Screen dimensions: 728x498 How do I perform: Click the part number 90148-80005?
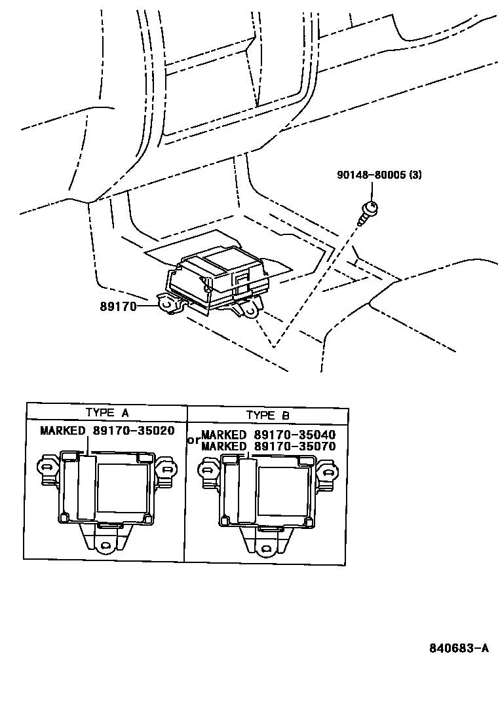click(370, 175)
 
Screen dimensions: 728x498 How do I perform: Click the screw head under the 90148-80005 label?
click(370, 209)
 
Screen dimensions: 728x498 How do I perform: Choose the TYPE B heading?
click(267, 414)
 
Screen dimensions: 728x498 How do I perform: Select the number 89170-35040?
click(295, 435)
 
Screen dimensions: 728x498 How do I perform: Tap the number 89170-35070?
click(295, 446)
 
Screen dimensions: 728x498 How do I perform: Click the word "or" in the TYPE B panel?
click(193, 440)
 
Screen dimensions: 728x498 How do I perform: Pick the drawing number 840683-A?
click(459, 648)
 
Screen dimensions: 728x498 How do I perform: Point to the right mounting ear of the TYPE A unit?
click(168, 469)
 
